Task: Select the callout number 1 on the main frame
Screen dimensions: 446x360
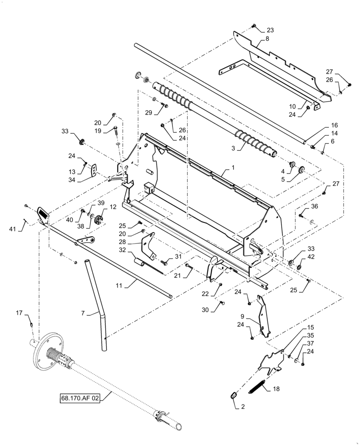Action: tap(232, 169)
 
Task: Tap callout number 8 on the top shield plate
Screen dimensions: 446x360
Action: tap(267, 40)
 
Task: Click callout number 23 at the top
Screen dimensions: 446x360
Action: tap(270, 30)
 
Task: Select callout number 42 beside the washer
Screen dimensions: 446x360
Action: tap(311, 257)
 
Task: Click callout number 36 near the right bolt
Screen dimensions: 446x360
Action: tap(315, 206)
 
